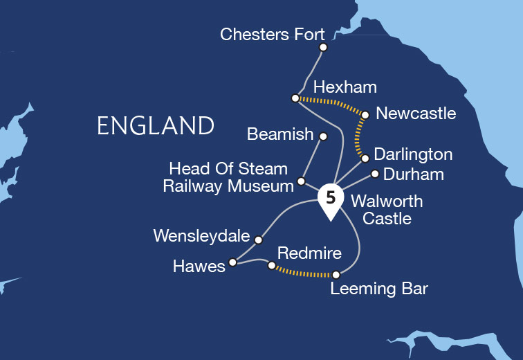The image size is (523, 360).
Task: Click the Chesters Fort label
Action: point(272,34)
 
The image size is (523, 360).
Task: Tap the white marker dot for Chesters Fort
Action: point(323,48)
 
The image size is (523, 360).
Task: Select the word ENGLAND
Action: point(156,126)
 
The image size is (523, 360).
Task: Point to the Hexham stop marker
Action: point(295,98)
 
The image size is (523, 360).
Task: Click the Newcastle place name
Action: point(415,113)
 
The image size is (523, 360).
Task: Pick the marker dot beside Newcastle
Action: point(365,115)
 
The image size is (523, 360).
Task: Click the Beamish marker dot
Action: point(323,136)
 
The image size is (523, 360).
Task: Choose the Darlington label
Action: point(413,154)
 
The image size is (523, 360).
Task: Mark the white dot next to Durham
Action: point(374,174)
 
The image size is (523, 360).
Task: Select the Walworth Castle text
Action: point(386,210)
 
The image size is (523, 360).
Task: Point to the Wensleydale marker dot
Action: point(259,240)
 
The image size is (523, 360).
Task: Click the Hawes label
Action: point(200,267)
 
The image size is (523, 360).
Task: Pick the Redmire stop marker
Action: point(271,264)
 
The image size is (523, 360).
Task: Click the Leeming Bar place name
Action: point(379,289)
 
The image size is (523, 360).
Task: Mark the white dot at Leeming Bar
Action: point(336,274)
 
